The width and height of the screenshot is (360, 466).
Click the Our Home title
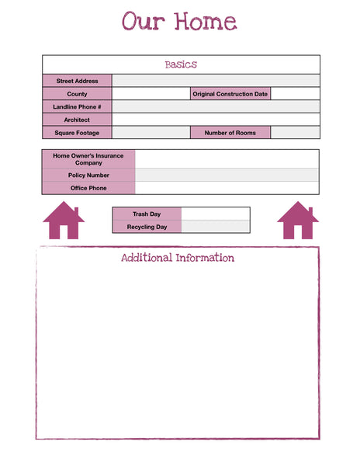coord(179,22)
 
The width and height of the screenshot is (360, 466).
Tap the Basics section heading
coord(181,64)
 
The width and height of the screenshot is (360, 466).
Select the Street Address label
coord(77,81)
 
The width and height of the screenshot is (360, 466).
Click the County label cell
coord(77,94)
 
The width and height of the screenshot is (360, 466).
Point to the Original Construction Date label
coord(230,94)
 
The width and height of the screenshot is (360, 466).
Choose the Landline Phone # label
coord(77,106)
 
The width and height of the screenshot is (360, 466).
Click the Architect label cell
coord(77,120)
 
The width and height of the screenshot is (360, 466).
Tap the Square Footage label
coord(77,133)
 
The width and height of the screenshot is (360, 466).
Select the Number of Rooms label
coord(230,133)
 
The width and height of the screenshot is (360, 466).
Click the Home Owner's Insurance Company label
coord(88,159)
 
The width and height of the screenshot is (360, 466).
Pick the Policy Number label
coord(88,176)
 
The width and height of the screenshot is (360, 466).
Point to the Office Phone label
coord(88,188)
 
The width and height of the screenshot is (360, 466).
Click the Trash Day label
coord(147,214)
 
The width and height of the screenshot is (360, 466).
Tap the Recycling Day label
coord(147,227)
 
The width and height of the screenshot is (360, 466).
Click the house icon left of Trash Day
coord(64,221)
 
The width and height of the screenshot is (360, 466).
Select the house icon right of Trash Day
coord(298,221)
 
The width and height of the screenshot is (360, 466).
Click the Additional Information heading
coord(178,258)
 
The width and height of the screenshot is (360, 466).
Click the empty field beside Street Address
coord(216,81)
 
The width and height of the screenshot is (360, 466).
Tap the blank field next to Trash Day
coord(215,214)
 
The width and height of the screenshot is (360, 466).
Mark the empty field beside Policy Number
coord(227,176)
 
